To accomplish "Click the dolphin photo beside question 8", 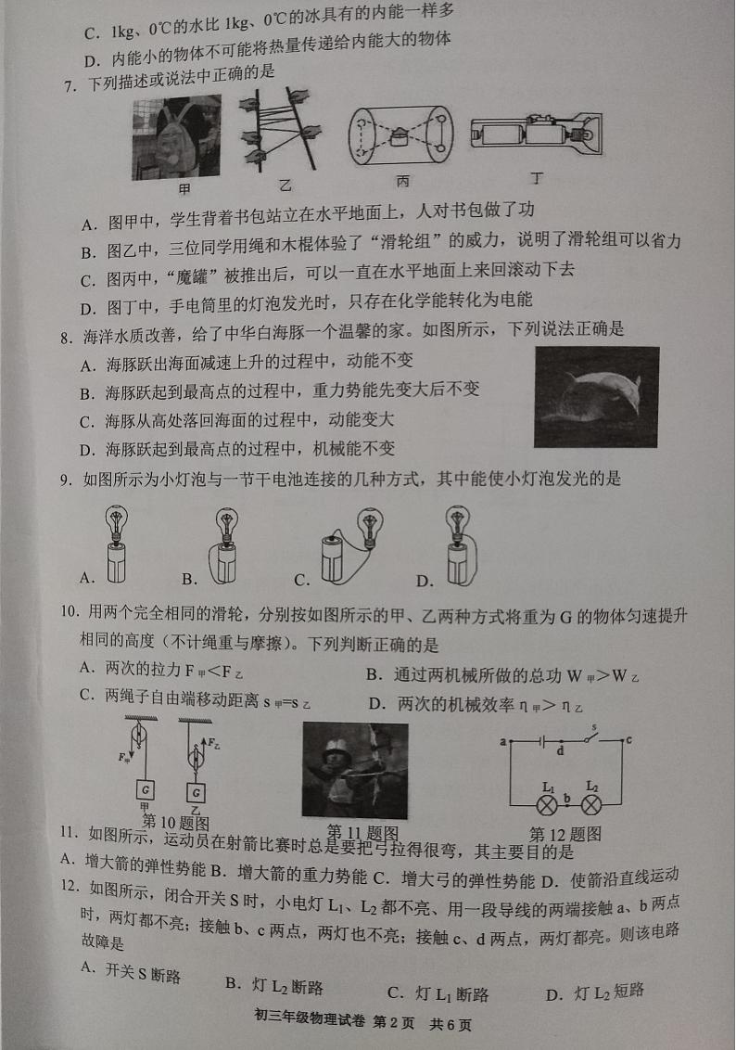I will [596, 396].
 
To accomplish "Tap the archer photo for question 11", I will [355, 769].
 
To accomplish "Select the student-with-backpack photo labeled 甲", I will [176, 136].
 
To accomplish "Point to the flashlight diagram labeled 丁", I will [535, 135].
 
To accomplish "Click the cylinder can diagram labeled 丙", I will [400, 135].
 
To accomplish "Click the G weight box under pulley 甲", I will [146, 790].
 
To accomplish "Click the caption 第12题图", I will [565, 834].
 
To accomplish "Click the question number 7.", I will [68, 86].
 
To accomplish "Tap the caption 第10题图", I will [175, 823].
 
